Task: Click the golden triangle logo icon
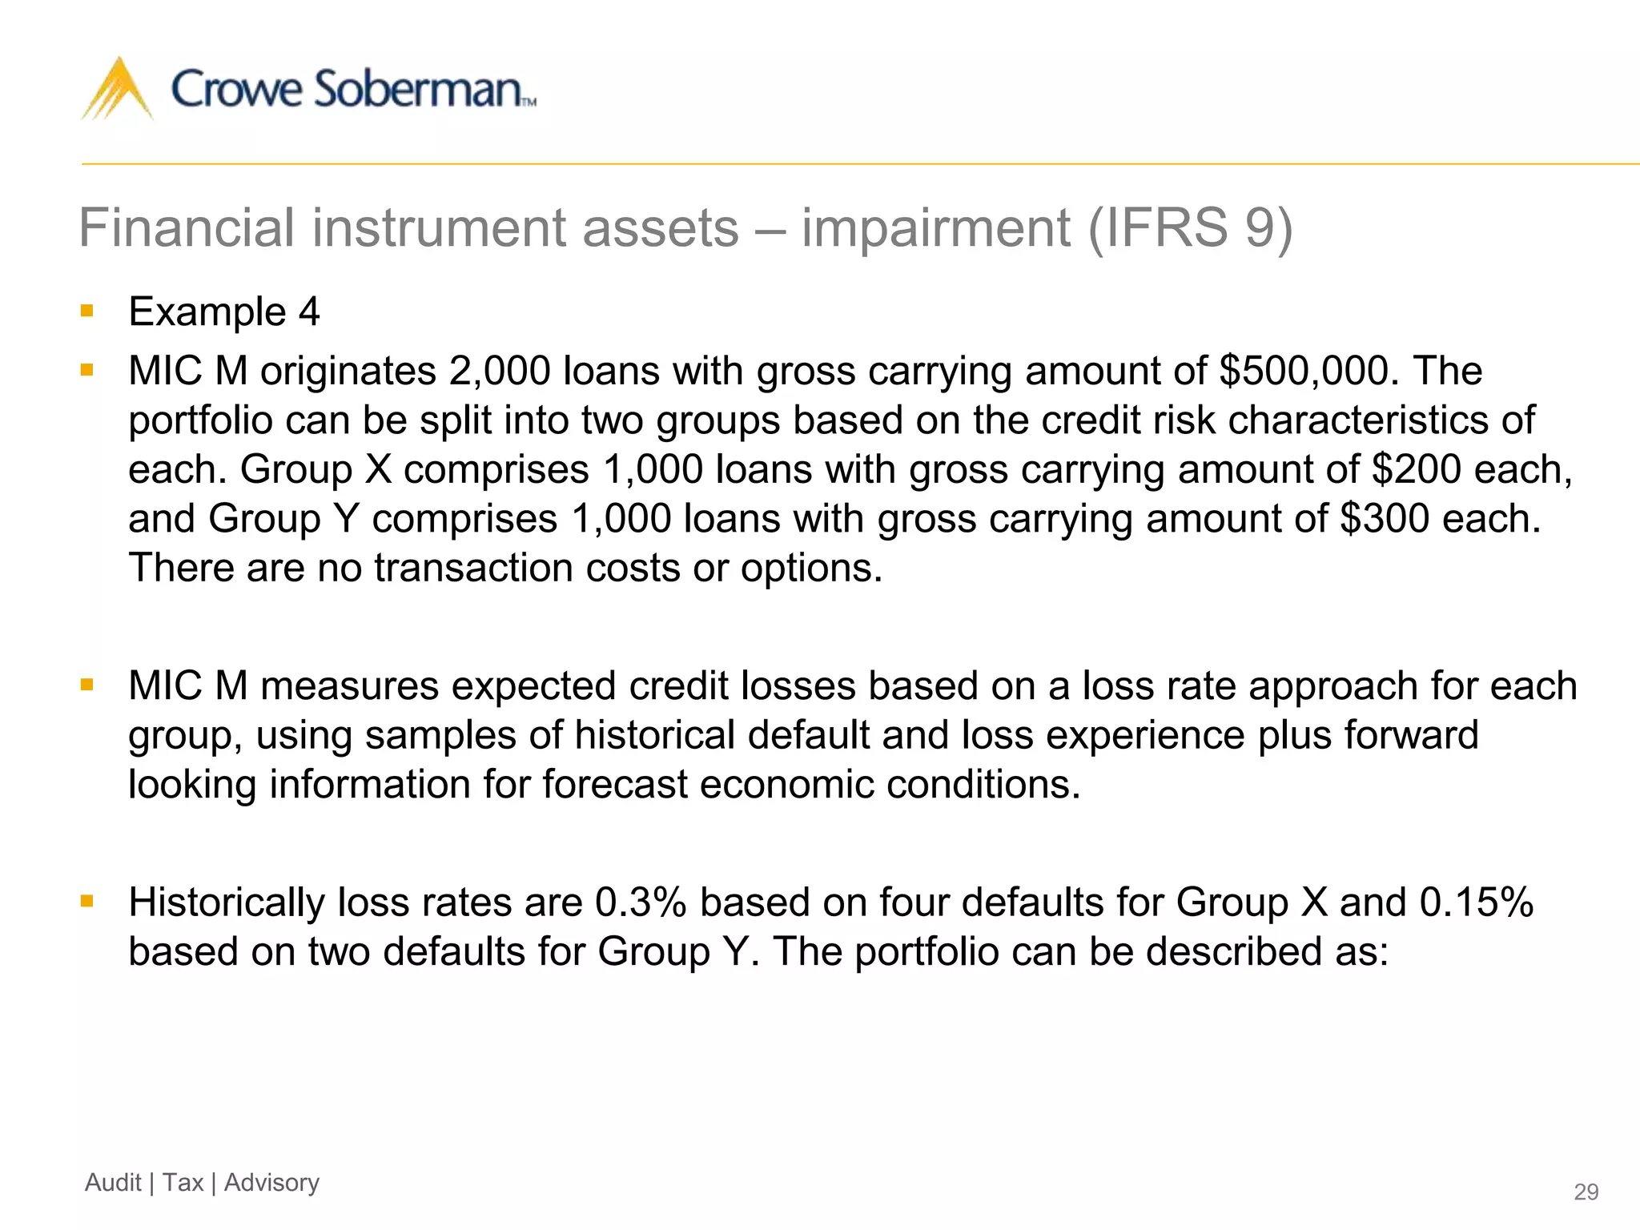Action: point(118,90)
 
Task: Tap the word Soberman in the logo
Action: point(417,89)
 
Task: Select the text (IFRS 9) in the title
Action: point(1190,228)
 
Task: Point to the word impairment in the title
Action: point(935,228)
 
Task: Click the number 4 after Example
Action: point(309,312)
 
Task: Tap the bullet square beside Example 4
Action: point(87,311)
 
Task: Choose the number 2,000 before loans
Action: point(500,371)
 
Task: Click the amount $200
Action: point(1416,469)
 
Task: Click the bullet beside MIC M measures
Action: point(87,685)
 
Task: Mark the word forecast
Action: point(614,785)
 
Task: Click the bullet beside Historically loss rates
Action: point(87,902)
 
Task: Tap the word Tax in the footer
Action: point(183,1183)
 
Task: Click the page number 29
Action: point(1586,1192)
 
